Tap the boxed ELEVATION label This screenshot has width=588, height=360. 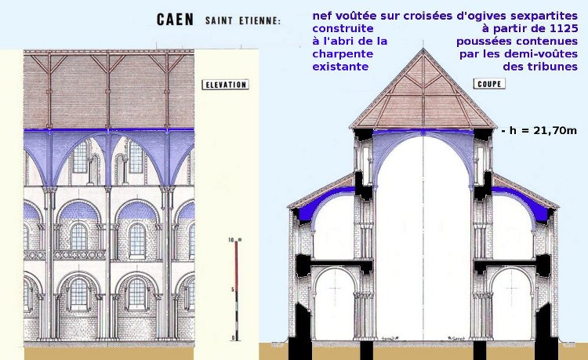[x=225, y=85]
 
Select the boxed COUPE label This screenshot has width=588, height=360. [x=489, y=85]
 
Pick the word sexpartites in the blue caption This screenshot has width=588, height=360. [x=541, y=15]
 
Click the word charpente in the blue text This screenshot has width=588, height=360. [x=342, y=55]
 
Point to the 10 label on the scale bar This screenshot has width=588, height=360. [x=230, y=238]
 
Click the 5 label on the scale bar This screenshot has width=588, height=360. [x=232, y=289]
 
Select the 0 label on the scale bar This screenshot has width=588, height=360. [x=232, y=337]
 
